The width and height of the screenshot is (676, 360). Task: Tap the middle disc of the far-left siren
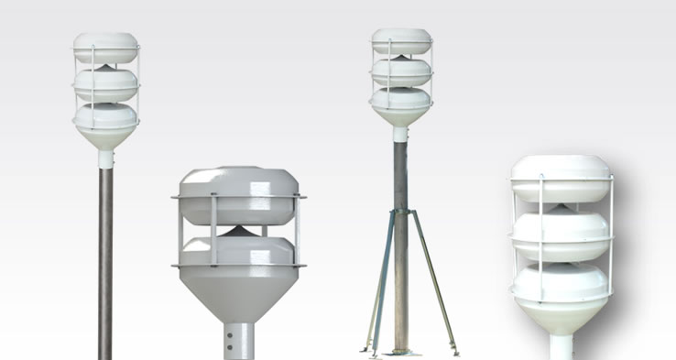105,84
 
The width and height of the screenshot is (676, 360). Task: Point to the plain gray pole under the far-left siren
105,266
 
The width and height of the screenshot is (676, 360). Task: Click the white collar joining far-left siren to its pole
105,160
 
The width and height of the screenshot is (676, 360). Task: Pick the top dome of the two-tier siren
238,192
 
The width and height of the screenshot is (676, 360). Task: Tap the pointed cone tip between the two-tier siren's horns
239,231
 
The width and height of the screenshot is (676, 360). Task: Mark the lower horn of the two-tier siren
239,252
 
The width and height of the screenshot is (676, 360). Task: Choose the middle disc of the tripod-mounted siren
401,71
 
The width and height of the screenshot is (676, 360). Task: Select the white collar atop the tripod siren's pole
400,133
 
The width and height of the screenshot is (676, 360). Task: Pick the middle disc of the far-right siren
560,235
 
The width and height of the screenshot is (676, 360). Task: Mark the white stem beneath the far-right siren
561,346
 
